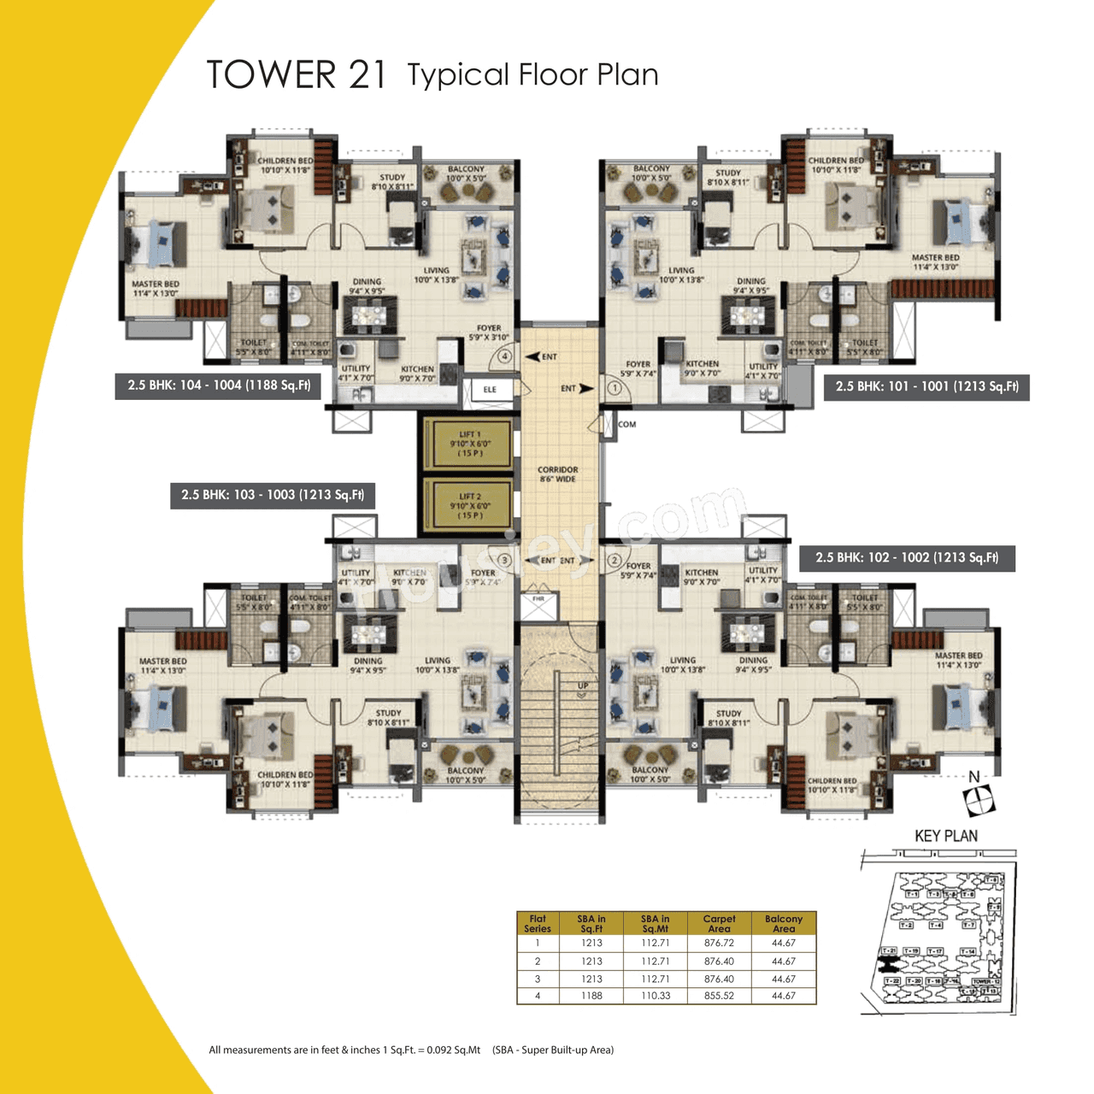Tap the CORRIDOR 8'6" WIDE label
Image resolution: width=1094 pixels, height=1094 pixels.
pos(557,474)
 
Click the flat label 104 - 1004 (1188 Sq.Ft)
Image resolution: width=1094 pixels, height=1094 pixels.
pos(219,385)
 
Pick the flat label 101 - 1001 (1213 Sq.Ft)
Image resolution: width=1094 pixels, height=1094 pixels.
pos(927,386)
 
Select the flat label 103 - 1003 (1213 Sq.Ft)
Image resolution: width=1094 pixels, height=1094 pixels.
pos(273,495)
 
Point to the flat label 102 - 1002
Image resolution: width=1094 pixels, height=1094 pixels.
pos(907,557)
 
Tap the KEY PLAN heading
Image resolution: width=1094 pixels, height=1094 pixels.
pos(945,836)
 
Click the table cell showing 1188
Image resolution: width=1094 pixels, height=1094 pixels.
pos(591,996)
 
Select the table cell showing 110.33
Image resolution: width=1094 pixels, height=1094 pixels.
pos(656,996)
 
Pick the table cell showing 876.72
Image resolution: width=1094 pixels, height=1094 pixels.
pos(719,943)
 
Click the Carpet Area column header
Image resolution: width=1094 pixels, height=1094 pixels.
pos(719,923)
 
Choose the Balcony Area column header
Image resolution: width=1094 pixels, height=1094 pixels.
pos(784,923)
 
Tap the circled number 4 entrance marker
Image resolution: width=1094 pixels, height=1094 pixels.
pos(505,356)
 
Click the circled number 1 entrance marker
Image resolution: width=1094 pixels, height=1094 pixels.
pos(614,387)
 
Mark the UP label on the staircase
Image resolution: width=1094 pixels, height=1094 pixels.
pos(583,685)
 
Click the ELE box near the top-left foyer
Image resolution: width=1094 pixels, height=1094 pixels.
pos(490,390)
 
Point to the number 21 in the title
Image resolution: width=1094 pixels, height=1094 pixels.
pos(368,75)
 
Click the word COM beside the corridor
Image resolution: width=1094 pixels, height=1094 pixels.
pos(627,424)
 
